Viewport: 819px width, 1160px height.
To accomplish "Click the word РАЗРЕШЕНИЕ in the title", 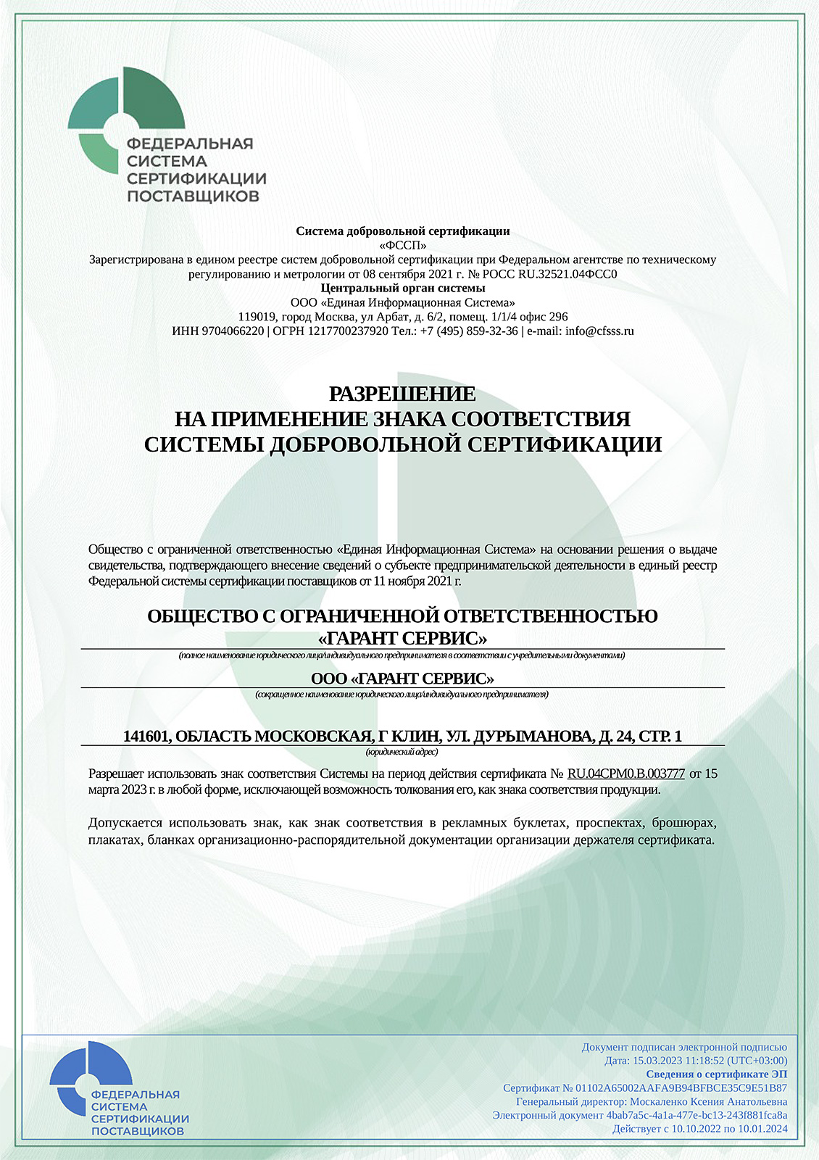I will tap(402, 394).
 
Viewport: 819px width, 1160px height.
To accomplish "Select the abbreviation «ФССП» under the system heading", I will tap(403, 245).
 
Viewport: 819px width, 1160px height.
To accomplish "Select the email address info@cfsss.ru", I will tap(599, 331).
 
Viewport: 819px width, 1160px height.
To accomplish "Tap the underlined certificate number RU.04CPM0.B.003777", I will tap(626, 774).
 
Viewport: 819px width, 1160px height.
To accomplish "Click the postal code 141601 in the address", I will tap(147, 737).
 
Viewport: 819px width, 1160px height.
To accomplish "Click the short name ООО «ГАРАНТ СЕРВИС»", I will tap(402, 679).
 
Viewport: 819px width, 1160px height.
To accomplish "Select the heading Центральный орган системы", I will tap(403, 288).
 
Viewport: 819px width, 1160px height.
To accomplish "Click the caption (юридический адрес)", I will tap(402, 753).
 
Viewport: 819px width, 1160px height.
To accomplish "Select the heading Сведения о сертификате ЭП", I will tap(716, 1074).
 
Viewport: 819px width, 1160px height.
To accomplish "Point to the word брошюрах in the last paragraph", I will tap(684, 823).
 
